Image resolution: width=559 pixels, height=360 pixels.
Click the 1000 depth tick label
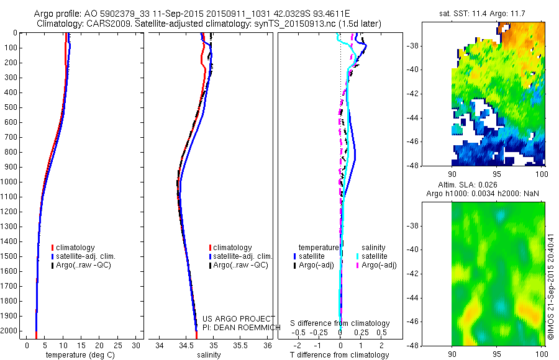pyautogui.click(x=9, y=182)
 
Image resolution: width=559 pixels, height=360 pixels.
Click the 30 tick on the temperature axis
pyautogui.click(x=136, y=345)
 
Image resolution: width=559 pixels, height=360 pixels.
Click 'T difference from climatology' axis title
pyautogui.click(x=340, y=355)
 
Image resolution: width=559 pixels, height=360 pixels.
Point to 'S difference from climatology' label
pyautogui.click(x=340, y=324)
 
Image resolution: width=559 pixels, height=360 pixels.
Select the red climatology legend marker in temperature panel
pyautogui.click(x=53, y=248)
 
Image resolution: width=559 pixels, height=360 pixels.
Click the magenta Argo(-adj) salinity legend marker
pyautogui.click(x=358, y=265)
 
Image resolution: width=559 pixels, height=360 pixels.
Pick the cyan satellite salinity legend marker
pyautogui.click(x=358, y=256)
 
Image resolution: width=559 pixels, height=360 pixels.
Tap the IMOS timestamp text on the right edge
pyautogui.click(x=551, y=287)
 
